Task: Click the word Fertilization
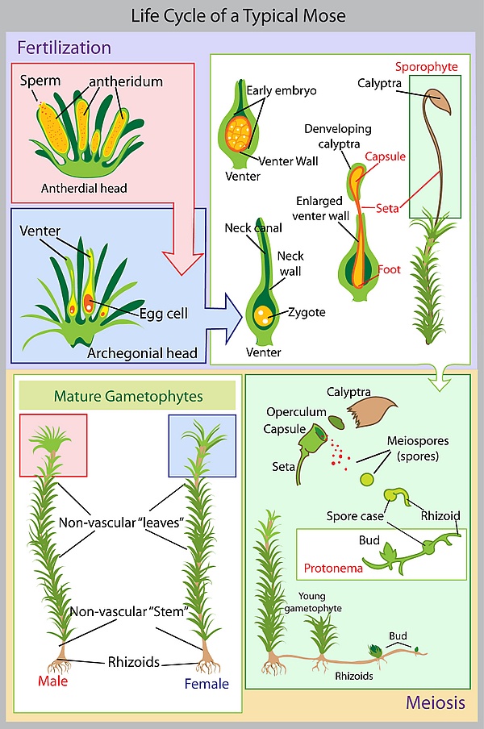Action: [64, 48]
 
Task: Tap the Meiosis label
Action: [435, 703]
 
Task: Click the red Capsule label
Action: [385, 156]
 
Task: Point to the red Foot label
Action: [389, 269]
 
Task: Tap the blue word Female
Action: [207, 684]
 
